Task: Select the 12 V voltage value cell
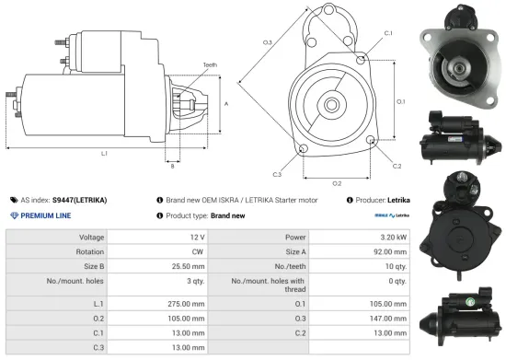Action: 191,237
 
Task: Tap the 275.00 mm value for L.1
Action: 182,303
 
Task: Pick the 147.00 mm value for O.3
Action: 388,319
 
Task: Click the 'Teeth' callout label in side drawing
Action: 211,64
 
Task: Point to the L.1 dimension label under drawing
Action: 104,153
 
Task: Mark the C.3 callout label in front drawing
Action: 277,173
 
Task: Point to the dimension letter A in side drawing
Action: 226,104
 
